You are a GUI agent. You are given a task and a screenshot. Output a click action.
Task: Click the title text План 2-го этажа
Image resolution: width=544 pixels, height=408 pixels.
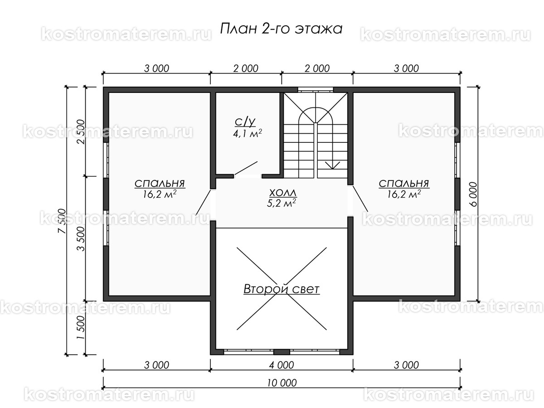pos(281,29)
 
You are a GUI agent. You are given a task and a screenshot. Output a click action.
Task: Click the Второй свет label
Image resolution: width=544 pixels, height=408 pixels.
pos(282,289)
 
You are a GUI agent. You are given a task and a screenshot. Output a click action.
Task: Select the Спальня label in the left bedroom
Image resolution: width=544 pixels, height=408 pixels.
pos(160,183)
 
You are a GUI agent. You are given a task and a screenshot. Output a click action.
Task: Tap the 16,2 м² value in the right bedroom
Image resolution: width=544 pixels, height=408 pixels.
pos(404,194)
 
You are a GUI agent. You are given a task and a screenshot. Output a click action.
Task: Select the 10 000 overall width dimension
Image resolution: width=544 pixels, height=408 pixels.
pos(282,382)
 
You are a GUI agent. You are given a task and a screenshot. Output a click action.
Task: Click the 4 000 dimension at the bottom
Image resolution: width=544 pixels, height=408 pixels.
pos(282,365)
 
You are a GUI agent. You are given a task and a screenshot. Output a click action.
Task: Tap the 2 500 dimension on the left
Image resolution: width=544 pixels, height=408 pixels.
pos(81,131)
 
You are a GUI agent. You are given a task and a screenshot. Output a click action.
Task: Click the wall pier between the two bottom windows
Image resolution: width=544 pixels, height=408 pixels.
pos(282,352)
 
